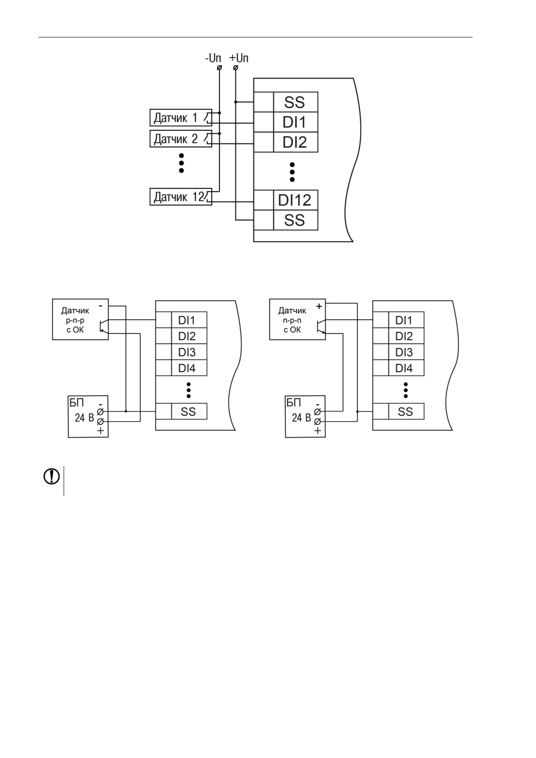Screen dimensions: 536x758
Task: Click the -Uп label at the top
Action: pyautogui.click(x=213, y=58)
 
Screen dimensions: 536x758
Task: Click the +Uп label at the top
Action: pyautogui.click(x=239, y=58)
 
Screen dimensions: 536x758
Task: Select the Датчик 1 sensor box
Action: pyautogui.click(x=181, y=118)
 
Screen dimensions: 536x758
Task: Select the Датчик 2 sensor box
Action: pyautogui.click(x=181, y=138)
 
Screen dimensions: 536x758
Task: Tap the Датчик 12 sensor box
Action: pyautogui.click(x=181, y=197)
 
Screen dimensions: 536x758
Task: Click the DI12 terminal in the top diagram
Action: pyautogui.click(x=295, y=200)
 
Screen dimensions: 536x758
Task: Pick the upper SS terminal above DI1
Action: pyautogui.click(x=295, y=102)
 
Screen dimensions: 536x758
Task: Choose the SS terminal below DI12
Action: pyautogui.click(x=295, y=220)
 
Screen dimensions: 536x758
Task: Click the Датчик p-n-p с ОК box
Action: pyautogui.click(x=80, y=319)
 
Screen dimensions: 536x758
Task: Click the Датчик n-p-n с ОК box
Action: pyautogui.click(x=298, y=319)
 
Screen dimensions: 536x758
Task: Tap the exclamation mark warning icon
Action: pyautogui.click(x=51, y=476)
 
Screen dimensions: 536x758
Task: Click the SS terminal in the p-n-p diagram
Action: pyautogui.click(x=189, y=411)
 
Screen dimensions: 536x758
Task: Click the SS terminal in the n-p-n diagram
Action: pyautogui.click(x=406, y=411)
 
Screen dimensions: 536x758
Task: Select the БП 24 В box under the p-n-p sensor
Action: pyautogui.click(x=88, y=417)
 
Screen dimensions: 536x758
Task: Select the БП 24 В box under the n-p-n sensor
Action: pyautogui.click(x=305, y=417)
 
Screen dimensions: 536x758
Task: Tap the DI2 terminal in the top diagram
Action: pyautogui.click(x=295, y=142)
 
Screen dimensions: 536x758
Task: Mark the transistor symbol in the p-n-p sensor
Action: pyautogui.click(x=103, y=326)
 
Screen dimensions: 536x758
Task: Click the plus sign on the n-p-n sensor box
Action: pyautogui.click(x=319, y=306)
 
